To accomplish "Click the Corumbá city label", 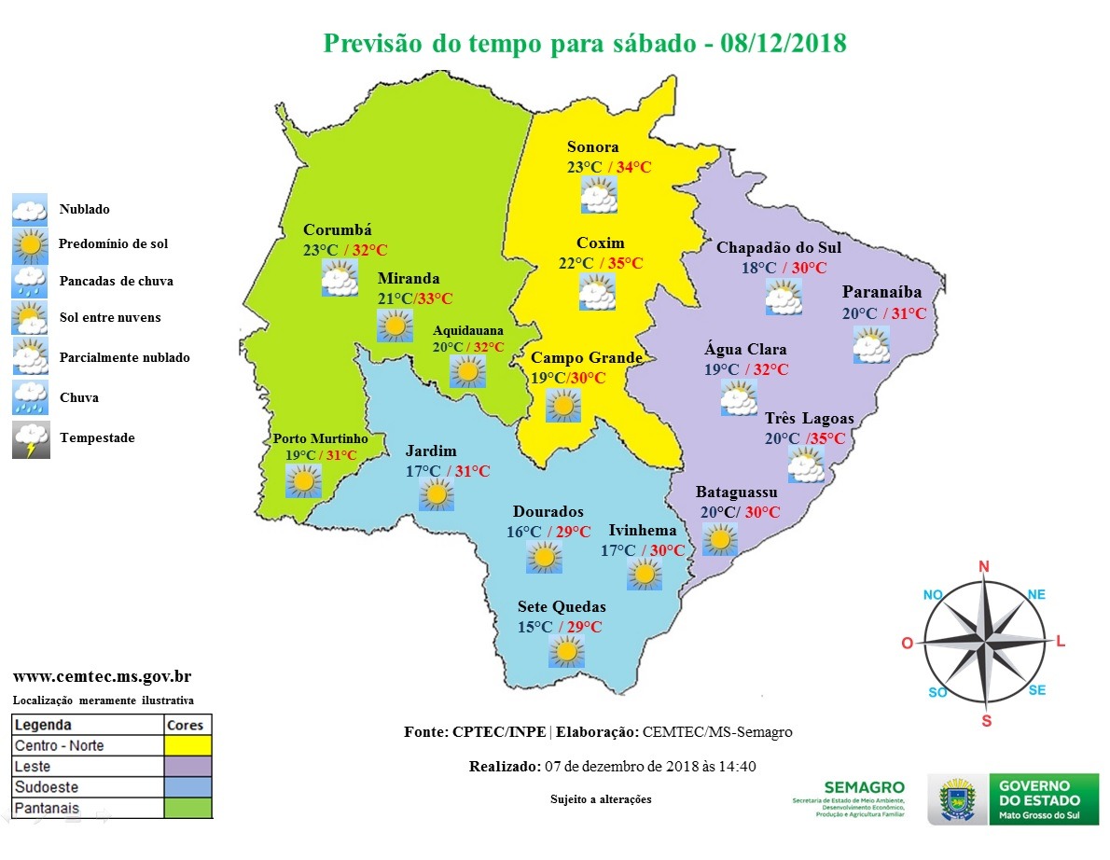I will pos(338,230).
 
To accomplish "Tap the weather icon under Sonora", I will pos(598,194).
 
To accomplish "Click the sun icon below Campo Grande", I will pos(563,407).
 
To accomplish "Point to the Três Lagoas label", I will pos(809,418).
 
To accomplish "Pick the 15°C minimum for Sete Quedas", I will pos(535,627).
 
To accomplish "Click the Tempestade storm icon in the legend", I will pos(30,439).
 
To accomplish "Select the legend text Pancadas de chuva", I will pos(116,281).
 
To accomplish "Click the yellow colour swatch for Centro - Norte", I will pos(187,745).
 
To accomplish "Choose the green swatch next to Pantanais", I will pos(187,808).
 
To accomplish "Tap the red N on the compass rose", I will pos(983,566).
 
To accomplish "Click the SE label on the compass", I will pos(1036,690).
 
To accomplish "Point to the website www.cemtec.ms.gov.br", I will pos(103,677).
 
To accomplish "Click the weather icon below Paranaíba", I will pos(871,345).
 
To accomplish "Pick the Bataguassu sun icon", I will pos(719,539).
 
